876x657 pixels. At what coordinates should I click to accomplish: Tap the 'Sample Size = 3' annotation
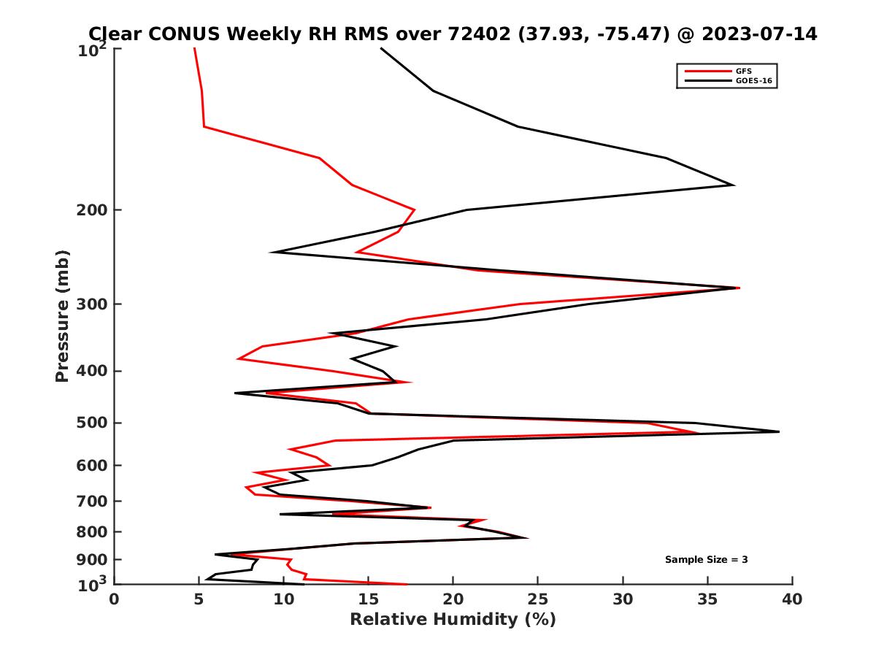coord(706,560)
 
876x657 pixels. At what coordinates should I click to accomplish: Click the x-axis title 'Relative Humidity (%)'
coord(453,620)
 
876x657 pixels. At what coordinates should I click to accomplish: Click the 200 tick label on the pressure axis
coord(89,210)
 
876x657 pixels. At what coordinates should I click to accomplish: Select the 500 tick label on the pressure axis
coord(89,423)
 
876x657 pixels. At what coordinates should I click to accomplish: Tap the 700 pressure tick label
coord(89,501)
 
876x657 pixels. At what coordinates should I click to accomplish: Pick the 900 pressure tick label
coord(89,560)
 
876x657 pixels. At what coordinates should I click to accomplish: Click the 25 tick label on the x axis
coord(537,600)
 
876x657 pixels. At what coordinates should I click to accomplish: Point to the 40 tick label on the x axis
coord(791,600)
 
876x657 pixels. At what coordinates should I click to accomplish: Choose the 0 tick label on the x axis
coord(114,600)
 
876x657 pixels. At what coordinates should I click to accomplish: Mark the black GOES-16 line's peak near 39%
coord(779,432)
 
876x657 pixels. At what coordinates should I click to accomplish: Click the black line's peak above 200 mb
coord(733,185)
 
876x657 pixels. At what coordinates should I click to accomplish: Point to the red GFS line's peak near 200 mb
coord(415,210)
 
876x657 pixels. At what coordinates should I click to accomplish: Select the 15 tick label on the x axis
coord(368,600)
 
